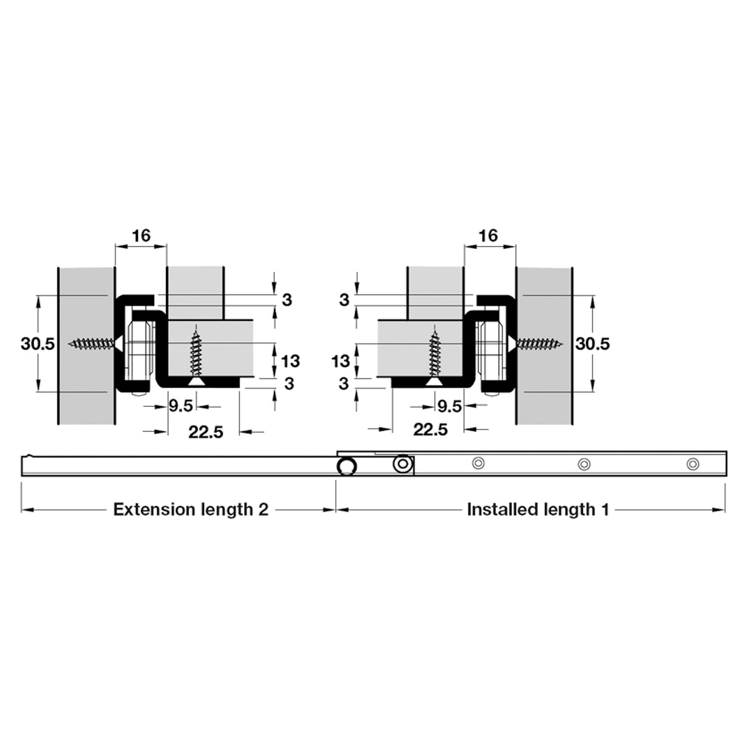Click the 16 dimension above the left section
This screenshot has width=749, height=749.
pos(141,235)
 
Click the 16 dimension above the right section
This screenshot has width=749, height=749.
pos(488,235)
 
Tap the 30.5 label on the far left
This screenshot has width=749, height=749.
pos(37,343)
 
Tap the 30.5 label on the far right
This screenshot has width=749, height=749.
pos(592,343)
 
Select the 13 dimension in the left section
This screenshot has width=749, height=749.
pos(290,361)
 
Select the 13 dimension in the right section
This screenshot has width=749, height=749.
pos(341,361)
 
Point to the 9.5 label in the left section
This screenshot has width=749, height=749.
pos(181,406)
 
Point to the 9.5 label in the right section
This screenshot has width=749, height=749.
pos(449,406)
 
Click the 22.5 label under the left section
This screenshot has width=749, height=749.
pos(205,432)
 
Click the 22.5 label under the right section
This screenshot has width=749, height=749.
pos(430,429)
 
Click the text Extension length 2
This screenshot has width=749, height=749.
pos(191,509)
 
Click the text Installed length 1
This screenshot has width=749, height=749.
pos(538,509)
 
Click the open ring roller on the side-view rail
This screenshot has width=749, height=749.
pos(346,466)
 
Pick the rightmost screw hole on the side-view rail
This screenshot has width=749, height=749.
pos(693,464)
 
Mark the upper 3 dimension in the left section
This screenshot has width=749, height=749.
pos(286,300)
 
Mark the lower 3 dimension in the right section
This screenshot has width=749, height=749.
pos(343,384)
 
